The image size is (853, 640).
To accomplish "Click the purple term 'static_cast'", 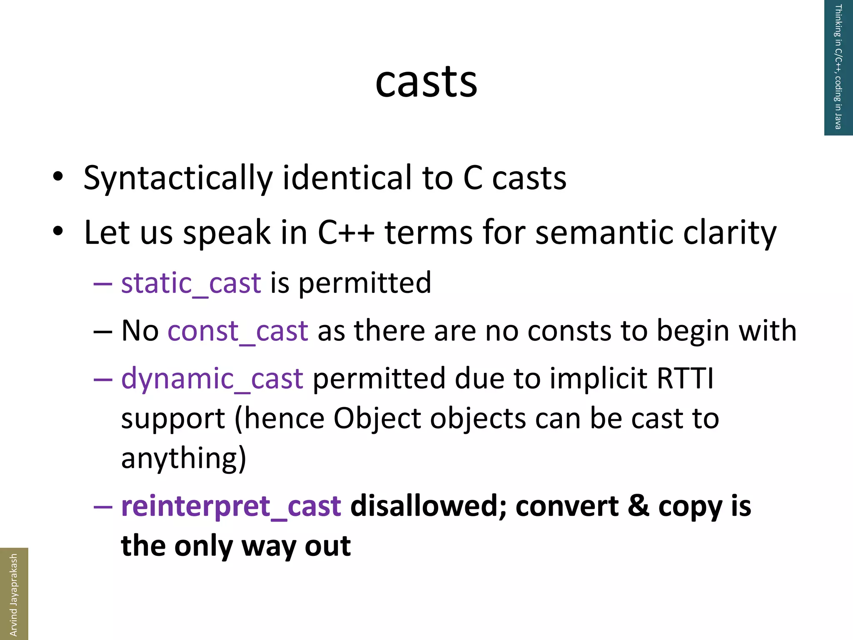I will click(191, 283).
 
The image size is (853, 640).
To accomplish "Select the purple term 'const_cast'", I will click(238, 331).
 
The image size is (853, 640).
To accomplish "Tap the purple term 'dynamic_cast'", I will click(212, 379).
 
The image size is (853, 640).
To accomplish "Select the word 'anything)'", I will click(184, 458).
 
